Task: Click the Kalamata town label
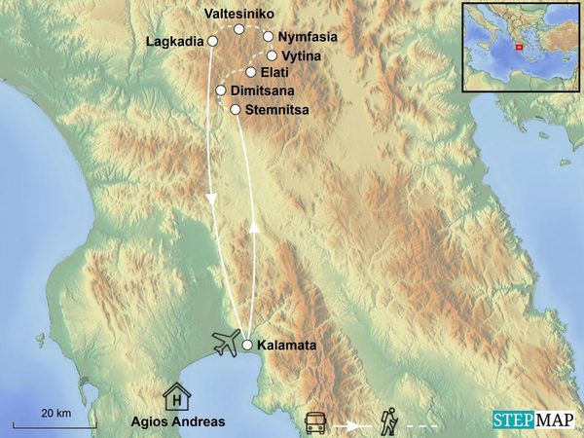[x=289, y=345]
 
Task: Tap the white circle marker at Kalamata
[x=247, y=345]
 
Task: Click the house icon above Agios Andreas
[x=176, y=396]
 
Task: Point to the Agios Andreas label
[x=178, y=421]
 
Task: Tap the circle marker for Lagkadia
[x=212, y=41]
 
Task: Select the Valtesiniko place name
[x=239, y=14]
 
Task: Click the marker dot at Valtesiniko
[x=239, y=29]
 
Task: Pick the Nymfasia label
[x=308, y=37]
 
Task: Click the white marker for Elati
[x=251, y=72]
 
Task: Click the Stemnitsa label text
[x=277, y=110]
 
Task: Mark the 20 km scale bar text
[x=56, y=413]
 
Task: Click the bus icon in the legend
[x=315, y=423]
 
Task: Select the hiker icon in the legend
[x=389, y=420]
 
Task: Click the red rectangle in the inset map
[x=518, y=47]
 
